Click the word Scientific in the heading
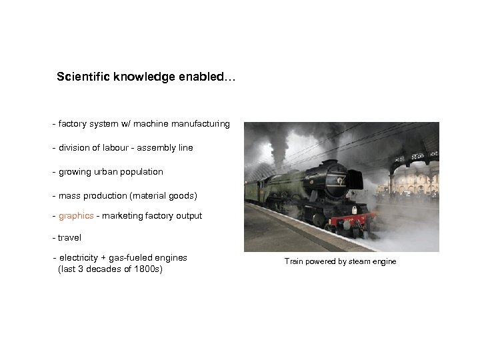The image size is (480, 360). pyautogui.click(x=81, y=77)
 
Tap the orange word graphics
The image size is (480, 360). pyautogui.click(x=76, y=215)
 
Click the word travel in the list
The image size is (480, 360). pyautogui.click(x=69, y=237)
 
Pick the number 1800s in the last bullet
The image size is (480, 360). pyautogui.click(x=147, y=269)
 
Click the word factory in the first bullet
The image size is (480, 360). pyautogui.click(x=73, y=123)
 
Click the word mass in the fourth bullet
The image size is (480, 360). pyautogui.click(x=69, y=195)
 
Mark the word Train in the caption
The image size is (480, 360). pyautogui.click(x=294, y=261)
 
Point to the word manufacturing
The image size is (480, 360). pyautogui.click(x=201, y=123)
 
